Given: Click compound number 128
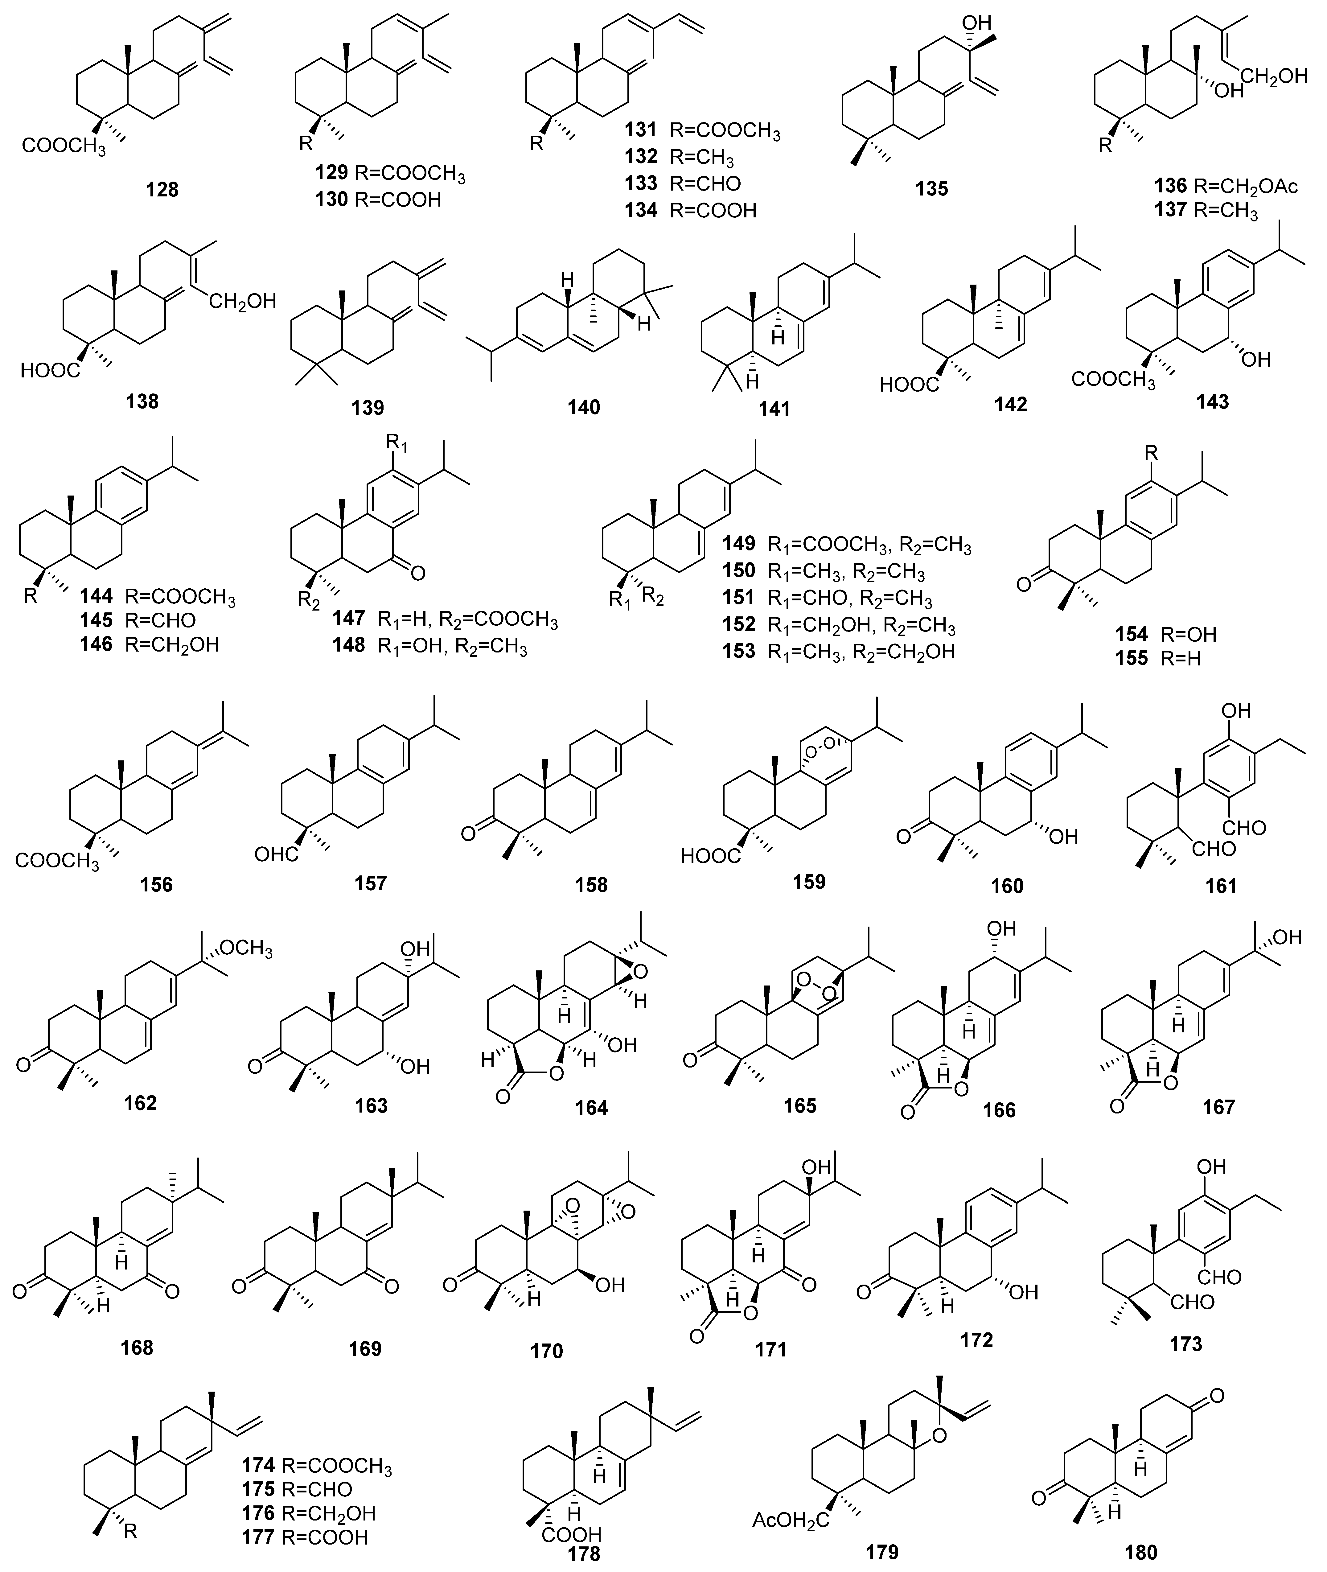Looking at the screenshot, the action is tap(162, 190).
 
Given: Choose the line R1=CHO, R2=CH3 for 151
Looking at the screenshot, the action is tap(850, 599).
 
